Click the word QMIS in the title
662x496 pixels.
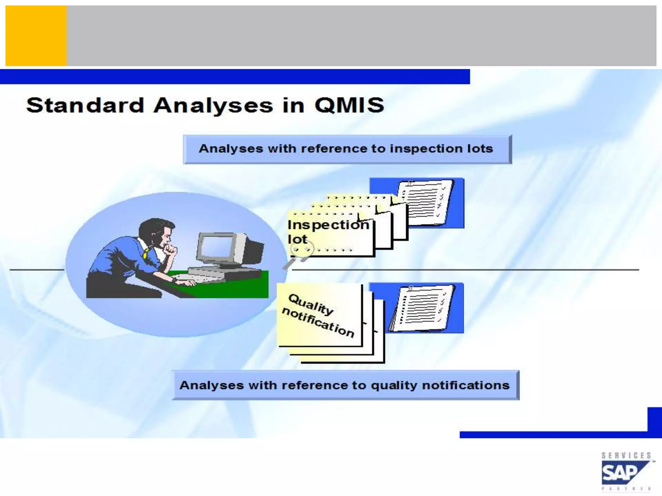[349, 105]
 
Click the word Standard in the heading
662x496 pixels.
[85, 105]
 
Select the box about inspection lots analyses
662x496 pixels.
[347, 149]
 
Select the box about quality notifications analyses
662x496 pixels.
[345, 385]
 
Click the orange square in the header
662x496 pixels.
[36, 36]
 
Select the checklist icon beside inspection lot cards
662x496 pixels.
[423, 203]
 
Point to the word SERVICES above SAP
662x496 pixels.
[626, 456]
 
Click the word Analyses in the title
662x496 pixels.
[213, 105]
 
